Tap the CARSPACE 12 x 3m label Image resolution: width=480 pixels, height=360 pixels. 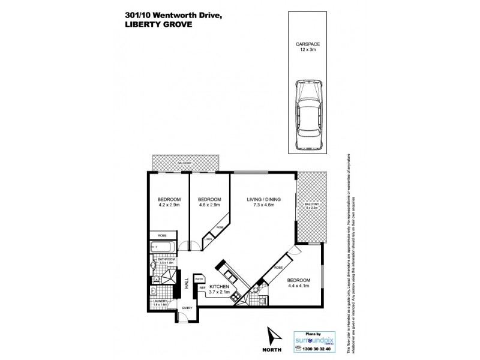pos(307,46)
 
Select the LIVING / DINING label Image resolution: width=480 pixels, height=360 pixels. pos(264,199)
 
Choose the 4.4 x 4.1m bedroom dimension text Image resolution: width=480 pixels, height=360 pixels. pos(298,286)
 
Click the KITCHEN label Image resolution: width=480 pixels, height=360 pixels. pos(220,286)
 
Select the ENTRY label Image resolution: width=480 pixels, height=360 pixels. pos(187,308)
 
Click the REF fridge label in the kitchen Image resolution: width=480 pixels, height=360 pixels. pos(202,288)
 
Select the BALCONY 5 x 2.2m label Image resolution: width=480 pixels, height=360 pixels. pos(310,206)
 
